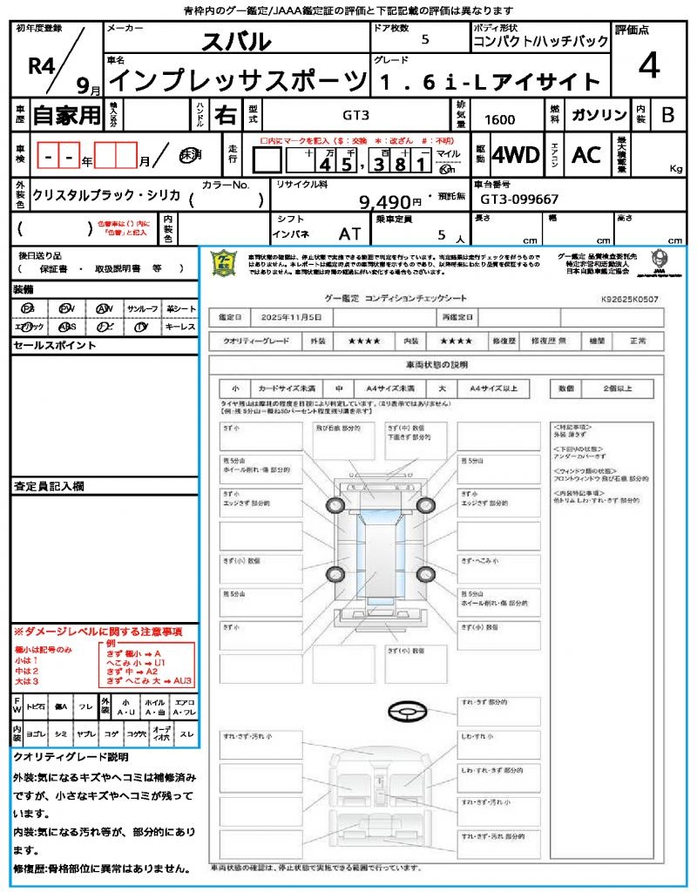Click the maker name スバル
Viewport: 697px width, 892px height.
click(236, 41)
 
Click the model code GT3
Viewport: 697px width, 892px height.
click(355, 115)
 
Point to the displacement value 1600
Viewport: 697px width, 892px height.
click(499, 119)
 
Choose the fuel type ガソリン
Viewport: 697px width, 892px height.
click(599, 115)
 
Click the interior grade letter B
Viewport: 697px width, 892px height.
click(667, 115)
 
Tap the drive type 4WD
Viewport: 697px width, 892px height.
click(516, 155)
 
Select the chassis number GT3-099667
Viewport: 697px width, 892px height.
click(519, 199)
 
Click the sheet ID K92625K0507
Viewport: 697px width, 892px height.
click(629, 299)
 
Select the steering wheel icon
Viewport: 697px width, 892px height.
click(406, 713)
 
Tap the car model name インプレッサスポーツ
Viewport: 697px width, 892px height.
click(236, 81)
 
